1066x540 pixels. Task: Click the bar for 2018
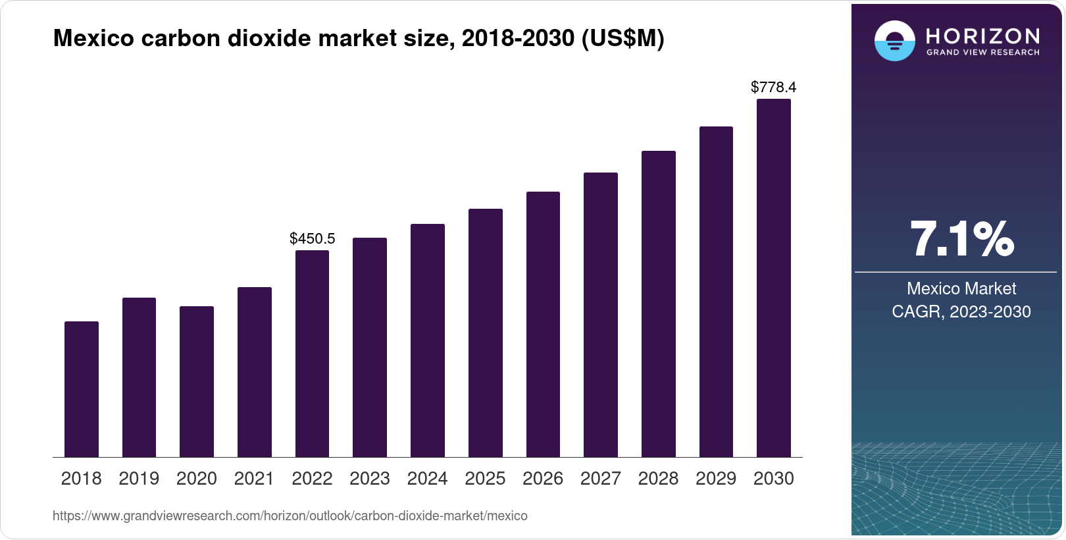click(x=82, y=389)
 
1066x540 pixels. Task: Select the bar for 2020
click(x=197, y=382)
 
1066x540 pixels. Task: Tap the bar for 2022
click(x=312, y=354)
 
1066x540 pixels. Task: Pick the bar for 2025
click(x=486, y=333)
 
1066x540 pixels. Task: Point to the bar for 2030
click(x=774, y=278)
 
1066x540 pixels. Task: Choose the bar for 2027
click(x=601, y=315)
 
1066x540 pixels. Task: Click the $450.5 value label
click(x=313, y=238)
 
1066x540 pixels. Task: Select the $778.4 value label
click(x=774, y=87)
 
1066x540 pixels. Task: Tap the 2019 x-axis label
click(x=139, y=479)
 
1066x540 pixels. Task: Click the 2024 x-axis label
click(x=428, y=479)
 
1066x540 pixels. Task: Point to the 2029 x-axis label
click(x=716, y=479)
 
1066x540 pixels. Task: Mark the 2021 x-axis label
click(x=254, y=479)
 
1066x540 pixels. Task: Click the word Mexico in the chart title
click(x=93, y=39)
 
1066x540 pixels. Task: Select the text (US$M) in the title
click(x=622, y=39)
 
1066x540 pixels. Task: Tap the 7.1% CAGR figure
click(x=961, y=239)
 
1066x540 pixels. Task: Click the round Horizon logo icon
click(x=894, y=41)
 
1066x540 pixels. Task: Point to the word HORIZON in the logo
click(x=982, y=36)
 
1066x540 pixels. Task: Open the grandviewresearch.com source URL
click(x=290, y=516)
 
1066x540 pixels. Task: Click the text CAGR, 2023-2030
click(x=961, y=311)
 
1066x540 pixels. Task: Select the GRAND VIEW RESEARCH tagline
click(x=982, y=53)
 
